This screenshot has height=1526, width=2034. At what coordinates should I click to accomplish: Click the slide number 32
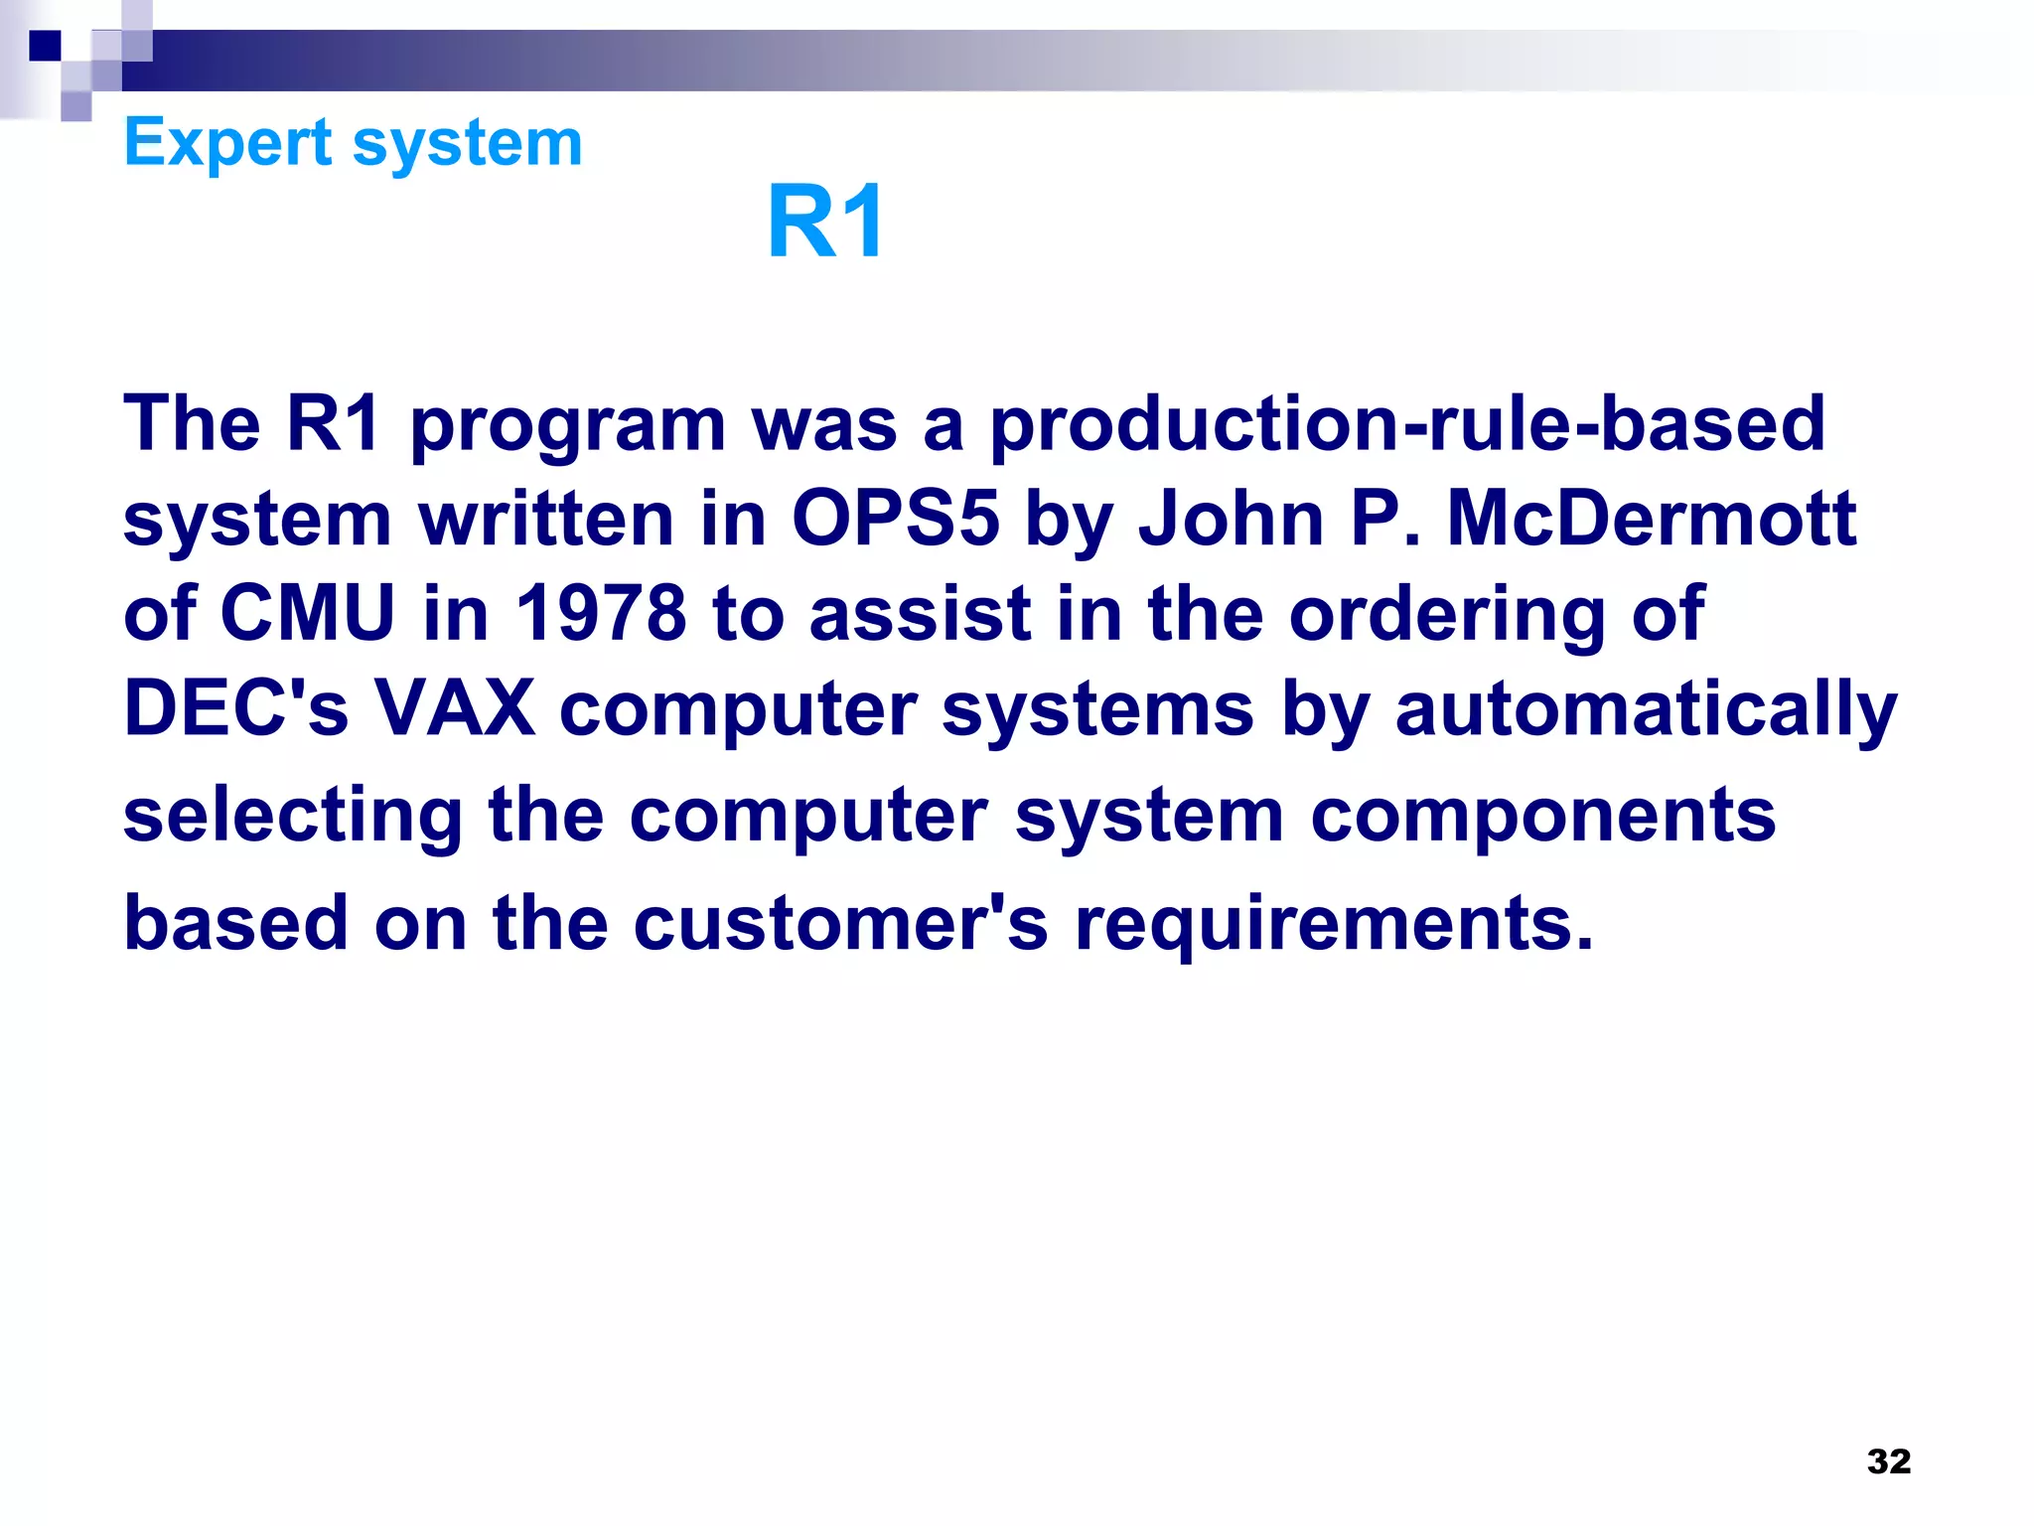point(1888,1461)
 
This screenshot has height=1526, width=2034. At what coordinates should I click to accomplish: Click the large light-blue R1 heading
point(825,223)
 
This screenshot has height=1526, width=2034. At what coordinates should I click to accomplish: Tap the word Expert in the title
point(227,143)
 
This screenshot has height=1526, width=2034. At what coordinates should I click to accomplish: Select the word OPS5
point(895,519)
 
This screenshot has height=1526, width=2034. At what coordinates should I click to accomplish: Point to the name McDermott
point(1651,519)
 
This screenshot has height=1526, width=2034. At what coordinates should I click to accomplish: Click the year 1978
point(601,613)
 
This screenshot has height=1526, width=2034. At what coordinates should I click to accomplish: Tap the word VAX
point(456,708)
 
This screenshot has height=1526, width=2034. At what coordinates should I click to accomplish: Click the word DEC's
point(235,708)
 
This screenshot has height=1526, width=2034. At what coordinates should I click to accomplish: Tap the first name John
point(1231,519)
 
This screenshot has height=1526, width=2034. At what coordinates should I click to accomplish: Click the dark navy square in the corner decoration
point(45,45)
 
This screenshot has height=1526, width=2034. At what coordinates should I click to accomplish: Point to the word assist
point(920,613)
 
